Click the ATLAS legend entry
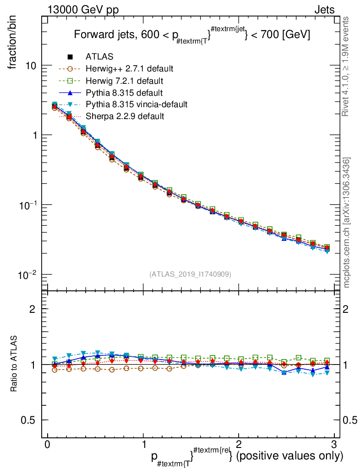99,57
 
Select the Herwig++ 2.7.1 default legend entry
129,69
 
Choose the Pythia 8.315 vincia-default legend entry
136,104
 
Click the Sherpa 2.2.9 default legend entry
125,116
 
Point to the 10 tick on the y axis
32,65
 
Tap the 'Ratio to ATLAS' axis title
14,365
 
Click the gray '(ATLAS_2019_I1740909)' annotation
190,274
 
